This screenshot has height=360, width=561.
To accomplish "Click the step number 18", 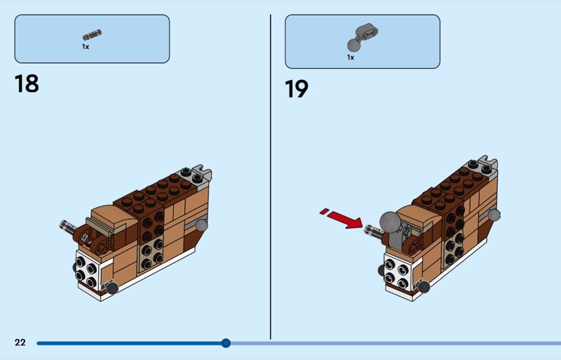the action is pyautogui.click(x=27, y=84).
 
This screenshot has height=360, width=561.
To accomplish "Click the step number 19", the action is pyautogui.click(x=297, y=89).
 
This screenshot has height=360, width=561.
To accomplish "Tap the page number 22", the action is pyautogui.click(x=20, y=342).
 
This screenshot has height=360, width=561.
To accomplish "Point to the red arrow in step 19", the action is pyautogui.click(x=342, y=218).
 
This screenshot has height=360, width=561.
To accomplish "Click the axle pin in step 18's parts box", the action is pyautogui.click(x=92, y=35).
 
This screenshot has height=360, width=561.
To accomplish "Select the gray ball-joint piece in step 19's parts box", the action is pyautogui.click(x=363, y=37).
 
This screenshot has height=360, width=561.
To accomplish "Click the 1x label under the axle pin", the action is pyautogui.click(x=86, y=46).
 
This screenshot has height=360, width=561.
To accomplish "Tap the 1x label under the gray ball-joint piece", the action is pyautogui.click(x=351, y=58).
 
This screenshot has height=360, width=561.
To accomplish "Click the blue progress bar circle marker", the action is pyautogui.click(x=226, y=343).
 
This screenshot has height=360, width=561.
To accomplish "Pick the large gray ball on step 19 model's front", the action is pyautogui.click(x=390, y=222).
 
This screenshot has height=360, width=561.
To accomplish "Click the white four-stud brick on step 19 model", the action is pyautogui.click(x=397, y=274).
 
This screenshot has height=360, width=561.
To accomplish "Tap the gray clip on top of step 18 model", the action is pyautogui.click(x=202, y=173).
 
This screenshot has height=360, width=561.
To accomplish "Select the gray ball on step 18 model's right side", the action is pyautogui.click(x=201, y=225).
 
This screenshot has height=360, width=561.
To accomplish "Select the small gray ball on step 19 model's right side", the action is pyautogui.click(x=494, y=215).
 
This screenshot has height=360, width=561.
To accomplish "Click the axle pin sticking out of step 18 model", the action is pyautogui.click(x=69, y=227).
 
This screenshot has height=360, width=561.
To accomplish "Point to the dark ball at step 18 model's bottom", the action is pyautogui.click(x=112, y=288).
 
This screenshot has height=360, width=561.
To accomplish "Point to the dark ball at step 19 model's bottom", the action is pyautogui.click(x=424, y=287).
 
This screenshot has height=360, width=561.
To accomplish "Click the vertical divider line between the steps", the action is pyautogui.click(x=271, y=177).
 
